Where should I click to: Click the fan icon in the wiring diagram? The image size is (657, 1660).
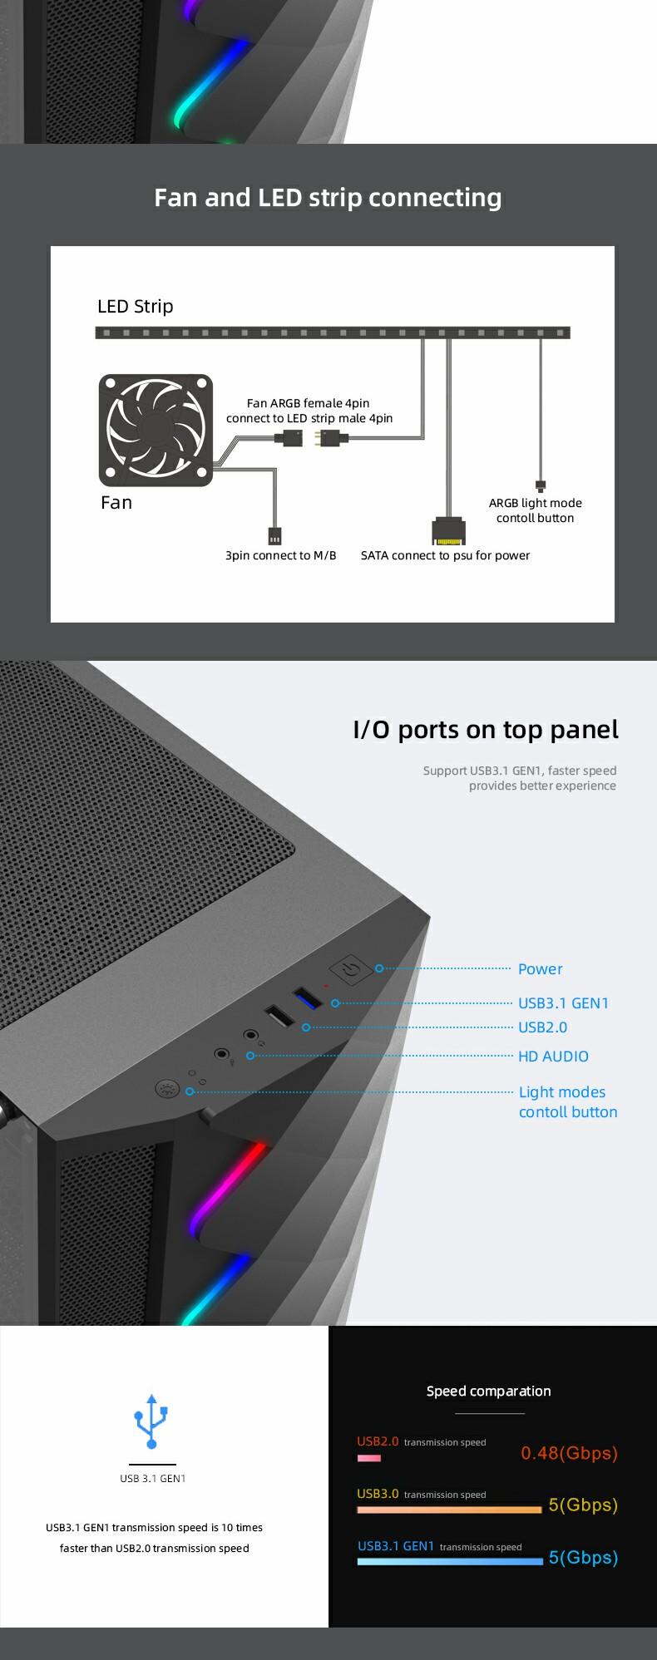(156, 430)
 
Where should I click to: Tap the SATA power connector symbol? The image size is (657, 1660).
(449, 530)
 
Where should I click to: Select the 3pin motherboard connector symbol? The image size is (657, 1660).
(274, 535)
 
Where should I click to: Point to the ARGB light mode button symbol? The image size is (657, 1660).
(541, 485)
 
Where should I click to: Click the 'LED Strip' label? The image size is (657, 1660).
(136, 306)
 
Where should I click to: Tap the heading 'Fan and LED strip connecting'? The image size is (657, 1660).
(328, 198)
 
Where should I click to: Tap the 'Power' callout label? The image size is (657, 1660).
(541, 968)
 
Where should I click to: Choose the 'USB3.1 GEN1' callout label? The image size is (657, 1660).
(564, 1002)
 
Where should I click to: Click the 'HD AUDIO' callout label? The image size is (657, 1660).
(553, 1056)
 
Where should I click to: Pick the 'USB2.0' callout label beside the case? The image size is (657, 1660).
(543, 1027)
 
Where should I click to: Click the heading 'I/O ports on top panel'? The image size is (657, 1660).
(487, 729)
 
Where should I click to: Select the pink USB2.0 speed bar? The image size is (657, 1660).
(369, 1458)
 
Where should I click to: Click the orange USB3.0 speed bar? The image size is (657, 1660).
(450, 1510)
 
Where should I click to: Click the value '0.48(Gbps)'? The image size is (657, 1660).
(570, 1452)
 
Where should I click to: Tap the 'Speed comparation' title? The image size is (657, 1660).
(488, 1391)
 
